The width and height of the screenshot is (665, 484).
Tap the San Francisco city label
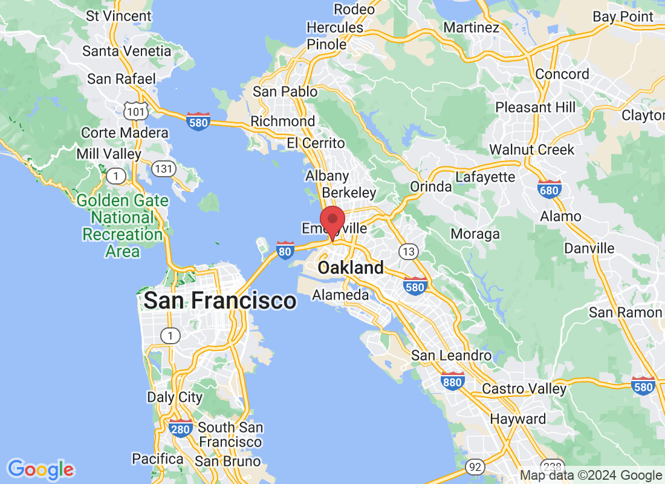pyautogui.click(x=220, y=300)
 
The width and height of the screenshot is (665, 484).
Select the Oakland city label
pyautogui.click(x=351, y=267)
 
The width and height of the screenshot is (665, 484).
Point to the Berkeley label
pyautogui.click(x=349, y=192)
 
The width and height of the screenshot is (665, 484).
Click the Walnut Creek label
pyautogui.click(x=531, y=149)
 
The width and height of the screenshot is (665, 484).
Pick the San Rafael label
pyautogui.click(x=122, y=79)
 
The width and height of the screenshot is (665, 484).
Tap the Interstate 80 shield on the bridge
pyautogui.click(x=285, y=250)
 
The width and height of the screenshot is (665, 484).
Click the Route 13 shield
pyautogui.click(x=409, y=250)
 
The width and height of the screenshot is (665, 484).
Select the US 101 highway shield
pyautogui.click(x=133, y=110)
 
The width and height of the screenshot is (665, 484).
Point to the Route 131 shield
pyautogui.click(x=164, y=169)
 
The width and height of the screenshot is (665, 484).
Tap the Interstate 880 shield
pyautogui.click(x=452, y=381)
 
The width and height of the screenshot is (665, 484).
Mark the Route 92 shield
pyautogui.click(x=475, y=466)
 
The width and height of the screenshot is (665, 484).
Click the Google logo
pyautogui.click(x=41, y=469)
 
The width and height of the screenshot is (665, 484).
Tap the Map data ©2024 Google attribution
pyautogui.click(x=591, y=476)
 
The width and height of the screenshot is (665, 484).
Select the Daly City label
pyautogui.click(x=175, y=397)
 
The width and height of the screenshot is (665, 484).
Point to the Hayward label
pyautogui.click(x=518, y=419)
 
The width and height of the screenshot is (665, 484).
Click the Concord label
pyautogui.click(x=562, y=74)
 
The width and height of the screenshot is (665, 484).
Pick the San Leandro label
pyautogui.click(x=452, y=355)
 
